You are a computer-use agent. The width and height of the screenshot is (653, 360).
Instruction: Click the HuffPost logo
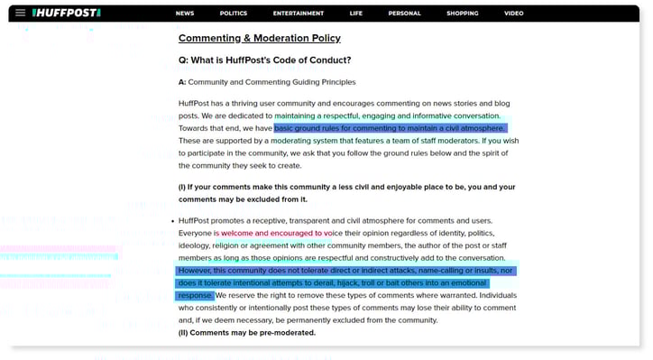click(x=66, y=14)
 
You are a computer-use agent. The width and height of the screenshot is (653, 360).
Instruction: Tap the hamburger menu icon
click(x=20, y=14)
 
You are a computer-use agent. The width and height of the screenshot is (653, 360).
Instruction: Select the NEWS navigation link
click(x=185, y=14)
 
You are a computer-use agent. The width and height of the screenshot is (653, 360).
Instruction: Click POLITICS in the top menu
click(x=233, y=14)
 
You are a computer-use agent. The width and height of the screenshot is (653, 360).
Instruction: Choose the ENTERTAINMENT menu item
click(x=299, y=14)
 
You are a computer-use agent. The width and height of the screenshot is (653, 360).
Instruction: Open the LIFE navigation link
click(x=356, y=14)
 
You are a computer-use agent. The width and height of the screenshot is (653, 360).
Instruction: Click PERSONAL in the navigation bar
click(x=404, y=14)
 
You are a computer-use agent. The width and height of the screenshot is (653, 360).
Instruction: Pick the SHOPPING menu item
click(x=462, y=14)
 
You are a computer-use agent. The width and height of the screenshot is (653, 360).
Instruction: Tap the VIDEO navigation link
click(x=513, y=14)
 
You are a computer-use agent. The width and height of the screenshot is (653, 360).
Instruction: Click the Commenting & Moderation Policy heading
click(x=259, y=38)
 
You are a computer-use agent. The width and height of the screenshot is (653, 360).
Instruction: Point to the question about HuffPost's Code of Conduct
click(x=264, y=60)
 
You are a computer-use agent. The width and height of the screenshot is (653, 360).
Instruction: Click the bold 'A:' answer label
click(x=182, y=82)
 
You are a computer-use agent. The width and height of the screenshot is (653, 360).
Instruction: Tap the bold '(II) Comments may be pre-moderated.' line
click(x=246, y=333)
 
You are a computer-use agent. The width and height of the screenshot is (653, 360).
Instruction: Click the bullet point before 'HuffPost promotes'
click(x=171, y=221)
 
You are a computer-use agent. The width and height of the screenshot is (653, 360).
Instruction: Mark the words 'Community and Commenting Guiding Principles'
click(x=271, y=82)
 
